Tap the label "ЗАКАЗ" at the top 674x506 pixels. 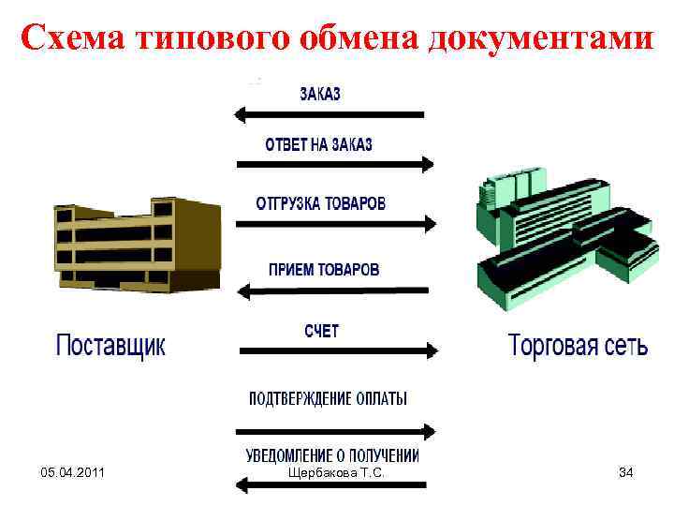[x=320, y=94]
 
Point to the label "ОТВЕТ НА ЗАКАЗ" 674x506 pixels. [x=318, y=144]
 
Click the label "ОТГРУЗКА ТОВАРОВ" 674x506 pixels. [x=320, y=203]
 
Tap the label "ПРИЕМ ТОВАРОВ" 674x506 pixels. [x=324, y=269]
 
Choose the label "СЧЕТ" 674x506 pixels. [x=321, y=331]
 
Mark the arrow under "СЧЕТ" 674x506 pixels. [x=338, y=351]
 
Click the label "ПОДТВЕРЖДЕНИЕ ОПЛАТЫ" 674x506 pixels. [x=328, y=398]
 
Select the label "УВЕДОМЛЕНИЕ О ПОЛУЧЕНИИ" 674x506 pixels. [x=333, y=456]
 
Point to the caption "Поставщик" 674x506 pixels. [x=110, y=346]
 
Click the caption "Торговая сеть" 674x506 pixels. [x=578, y=346]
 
